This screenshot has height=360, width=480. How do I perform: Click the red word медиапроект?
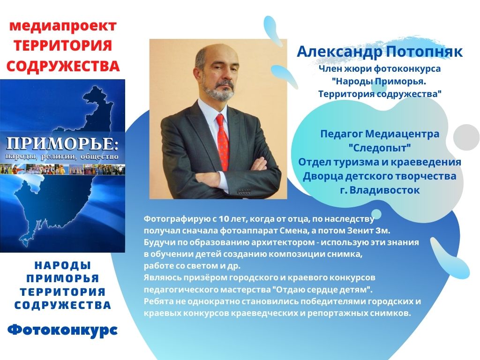pyautogui.click(x=63, y=26)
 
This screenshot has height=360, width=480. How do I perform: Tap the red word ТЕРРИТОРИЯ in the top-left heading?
pyautogui.click(x=63, y=45)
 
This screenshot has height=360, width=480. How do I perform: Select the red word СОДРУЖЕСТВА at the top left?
pyautogui.click(x=63, y=66)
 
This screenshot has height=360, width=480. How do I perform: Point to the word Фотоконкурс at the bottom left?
pyautogui.click(x=62, y=330)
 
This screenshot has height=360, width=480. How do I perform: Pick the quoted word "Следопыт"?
pyautogui.click(x=380, y=148)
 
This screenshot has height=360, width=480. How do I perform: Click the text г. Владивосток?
pyautogui.click(x=380, y=190)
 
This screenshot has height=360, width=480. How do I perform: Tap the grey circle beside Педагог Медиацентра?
pyautogui.click(x=466, y=137)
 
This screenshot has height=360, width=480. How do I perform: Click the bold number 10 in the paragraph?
pyautogui.click(x=224, y=219)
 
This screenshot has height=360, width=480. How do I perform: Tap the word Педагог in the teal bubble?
pyautogui.click(x=341, y=134)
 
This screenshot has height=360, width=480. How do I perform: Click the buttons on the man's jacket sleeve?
pyautogui.click(x=244, y=192)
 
